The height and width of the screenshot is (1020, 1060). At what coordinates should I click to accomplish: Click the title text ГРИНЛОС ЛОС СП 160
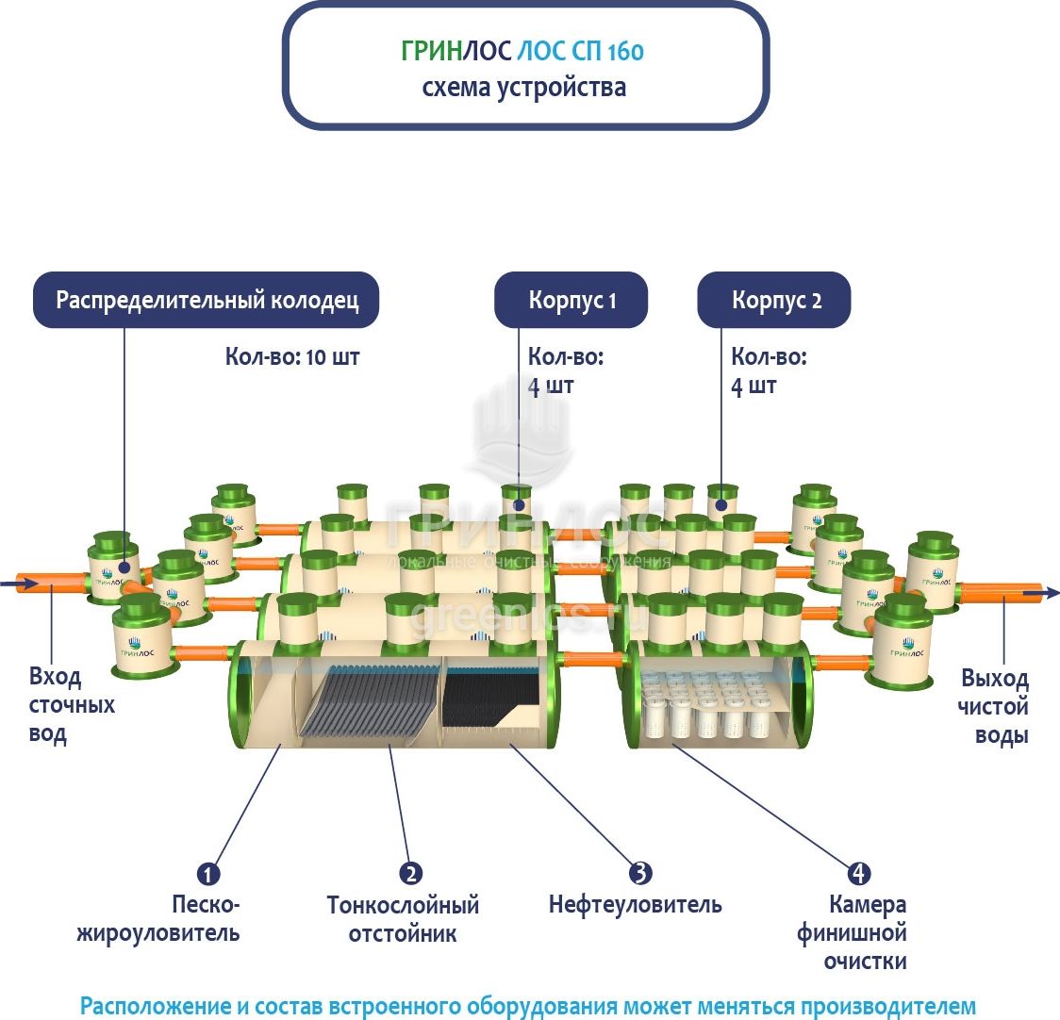(x=522, y=51)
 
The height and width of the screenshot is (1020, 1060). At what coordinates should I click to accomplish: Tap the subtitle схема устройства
(x=523, y=89)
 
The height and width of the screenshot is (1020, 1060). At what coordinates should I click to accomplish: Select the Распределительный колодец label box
(x=207, y=301)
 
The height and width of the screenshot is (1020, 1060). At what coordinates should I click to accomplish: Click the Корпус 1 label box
(x=571, y=301)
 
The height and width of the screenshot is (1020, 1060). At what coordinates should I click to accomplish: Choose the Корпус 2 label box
(x=775, y=301)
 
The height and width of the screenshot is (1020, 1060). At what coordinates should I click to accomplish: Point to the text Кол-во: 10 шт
(x=291, y=357)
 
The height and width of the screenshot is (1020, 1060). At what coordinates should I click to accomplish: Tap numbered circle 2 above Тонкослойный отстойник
(x=410, y=873)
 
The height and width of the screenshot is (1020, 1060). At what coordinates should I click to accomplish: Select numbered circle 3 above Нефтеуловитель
(x=639, y=873)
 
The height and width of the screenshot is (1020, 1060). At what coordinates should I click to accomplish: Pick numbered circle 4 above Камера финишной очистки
(x=858, y=873)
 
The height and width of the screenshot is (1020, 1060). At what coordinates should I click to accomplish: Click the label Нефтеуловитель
(x=635, y=905)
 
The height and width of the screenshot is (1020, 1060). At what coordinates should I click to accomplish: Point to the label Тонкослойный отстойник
(x=403, y=919)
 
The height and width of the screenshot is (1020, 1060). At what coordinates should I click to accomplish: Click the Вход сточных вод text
(x=71, y=705)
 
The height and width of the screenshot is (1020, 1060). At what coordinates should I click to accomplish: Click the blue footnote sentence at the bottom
(x=527, y=1005)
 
